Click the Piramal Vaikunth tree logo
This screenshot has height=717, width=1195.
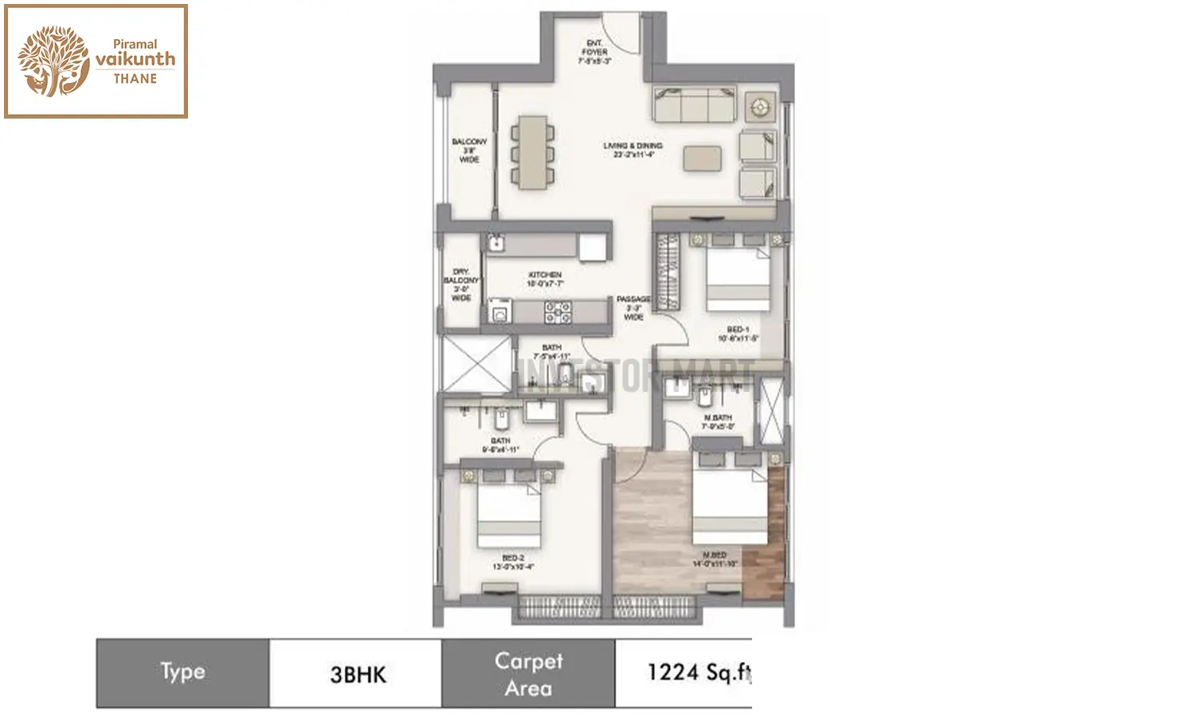click(53, 61)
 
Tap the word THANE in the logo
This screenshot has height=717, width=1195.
click(135, 79)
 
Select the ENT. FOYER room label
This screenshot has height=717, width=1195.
click(594, 52)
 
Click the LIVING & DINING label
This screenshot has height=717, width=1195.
click(633, 150)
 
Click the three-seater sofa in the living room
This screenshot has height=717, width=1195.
click(694, 104)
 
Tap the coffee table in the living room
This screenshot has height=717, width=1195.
click(702, 157)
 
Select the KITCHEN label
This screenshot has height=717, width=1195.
click(545, 279)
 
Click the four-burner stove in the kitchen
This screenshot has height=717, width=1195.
click(558, 311)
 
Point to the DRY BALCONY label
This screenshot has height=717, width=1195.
click(461, 284)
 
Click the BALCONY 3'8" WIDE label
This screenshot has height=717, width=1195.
click(469, 151)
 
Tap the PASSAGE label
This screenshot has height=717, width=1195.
click(633, 308)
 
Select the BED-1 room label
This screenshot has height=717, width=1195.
click(738, 334)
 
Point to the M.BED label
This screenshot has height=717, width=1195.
click(715, 559)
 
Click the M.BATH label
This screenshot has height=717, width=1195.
click(717, 422)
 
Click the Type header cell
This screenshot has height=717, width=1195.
click(182, 673)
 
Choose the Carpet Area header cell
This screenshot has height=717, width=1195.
click(528, 674)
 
